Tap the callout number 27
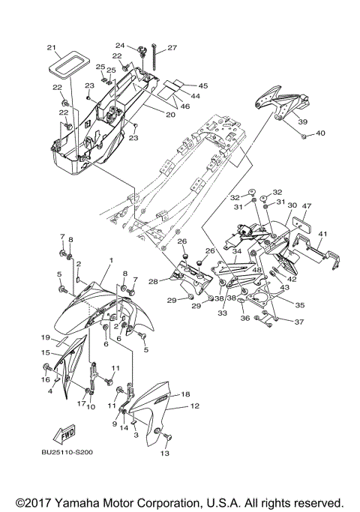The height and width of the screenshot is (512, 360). tap(172, 48)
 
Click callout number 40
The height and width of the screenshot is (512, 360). tap(320, 133)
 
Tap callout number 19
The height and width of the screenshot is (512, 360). tap(45, 337)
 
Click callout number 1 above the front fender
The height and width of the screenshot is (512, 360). tap(110, 260)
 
